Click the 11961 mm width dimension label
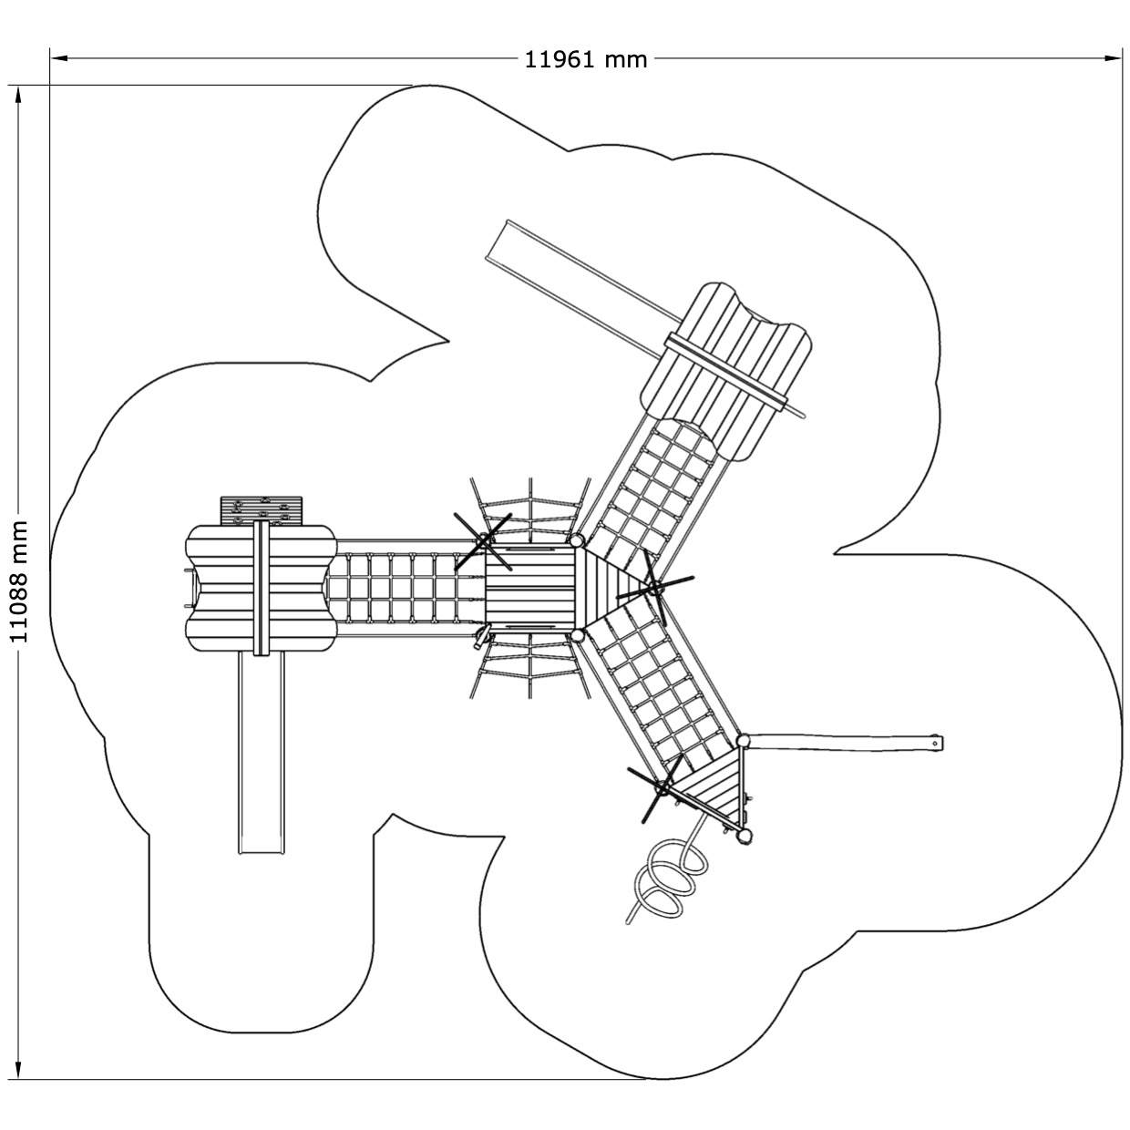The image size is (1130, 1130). (x=585, y=60)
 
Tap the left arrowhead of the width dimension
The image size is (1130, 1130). (x=60, y=58)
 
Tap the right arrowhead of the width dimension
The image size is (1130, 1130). (x=1111, y=58)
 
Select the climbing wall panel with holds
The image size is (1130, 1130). (x=262, y=510)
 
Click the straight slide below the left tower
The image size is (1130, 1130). (x=262, y=754)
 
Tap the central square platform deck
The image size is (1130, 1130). (x=529, y=586)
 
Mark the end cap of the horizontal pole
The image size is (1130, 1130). (x=937, y=743)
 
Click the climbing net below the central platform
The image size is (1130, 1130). (x=529, y=664)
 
